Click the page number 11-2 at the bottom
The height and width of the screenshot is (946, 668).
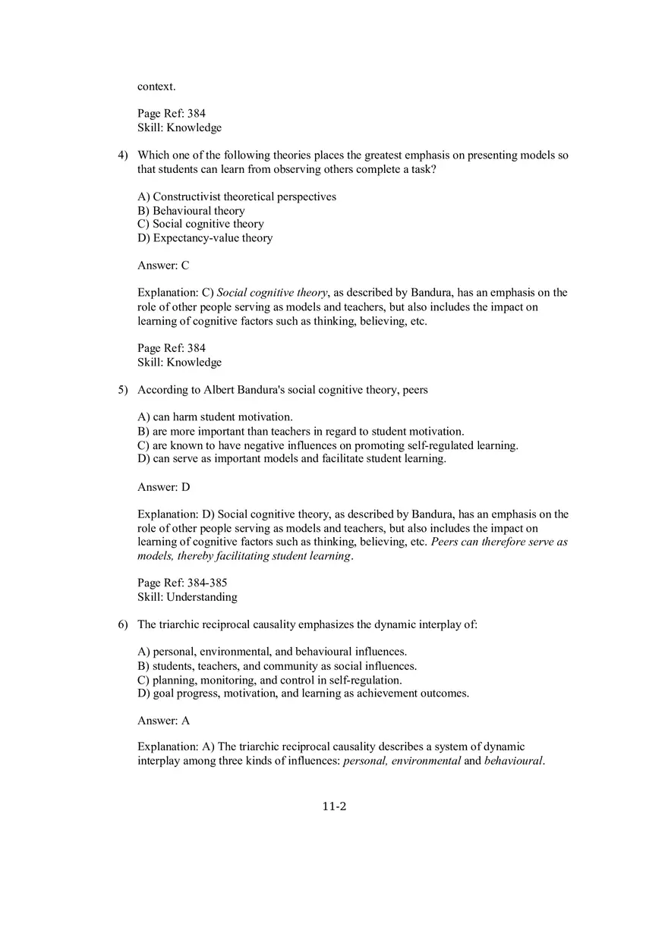[334, 806]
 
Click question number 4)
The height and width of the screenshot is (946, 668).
[122, 156]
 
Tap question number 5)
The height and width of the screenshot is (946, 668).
[122, 390]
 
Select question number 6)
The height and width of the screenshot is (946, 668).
[122, 624]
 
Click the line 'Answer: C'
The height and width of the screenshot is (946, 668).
[163, 266]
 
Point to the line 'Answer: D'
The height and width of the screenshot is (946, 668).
[163, 487]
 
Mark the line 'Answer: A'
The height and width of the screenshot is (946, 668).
[163, 721]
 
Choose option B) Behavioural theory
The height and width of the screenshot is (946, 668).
[191, 211]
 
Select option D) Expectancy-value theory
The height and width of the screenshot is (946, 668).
[205, 238]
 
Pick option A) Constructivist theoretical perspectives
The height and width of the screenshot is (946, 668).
[237, 197]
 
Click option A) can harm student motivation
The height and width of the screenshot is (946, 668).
[215, 417]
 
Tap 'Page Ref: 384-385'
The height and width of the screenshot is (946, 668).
[182, 583]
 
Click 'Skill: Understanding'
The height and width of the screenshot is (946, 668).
[187, 597]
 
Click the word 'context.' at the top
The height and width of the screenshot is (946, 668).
[156, 86]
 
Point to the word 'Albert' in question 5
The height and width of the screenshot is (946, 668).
[222, 390]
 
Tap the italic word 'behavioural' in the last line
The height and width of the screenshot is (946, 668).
[513, 761]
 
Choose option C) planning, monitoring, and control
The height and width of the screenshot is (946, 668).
[269, 680]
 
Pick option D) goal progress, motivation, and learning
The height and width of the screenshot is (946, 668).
[303, 693]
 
